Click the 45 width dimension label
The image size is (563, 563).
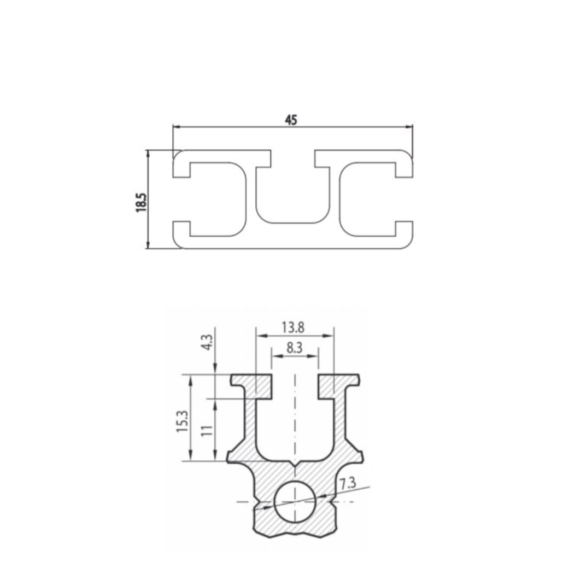point(291,120)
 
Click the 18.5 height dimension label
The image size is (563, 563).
point(141,202)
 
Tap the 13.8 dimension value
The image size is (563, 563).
point(293,327)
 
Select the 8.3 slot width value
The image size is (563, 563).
point(295,348)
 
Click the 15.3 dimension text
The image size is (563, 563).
point(182,421)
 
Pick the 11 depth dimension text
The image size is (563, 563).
point(207,430)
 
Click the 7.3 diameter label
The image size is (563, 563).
point(348,483)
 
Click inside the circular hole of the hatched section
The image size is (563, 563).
point(295,501)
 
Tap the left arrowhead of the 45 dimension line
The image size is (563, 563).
point(176,127)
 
